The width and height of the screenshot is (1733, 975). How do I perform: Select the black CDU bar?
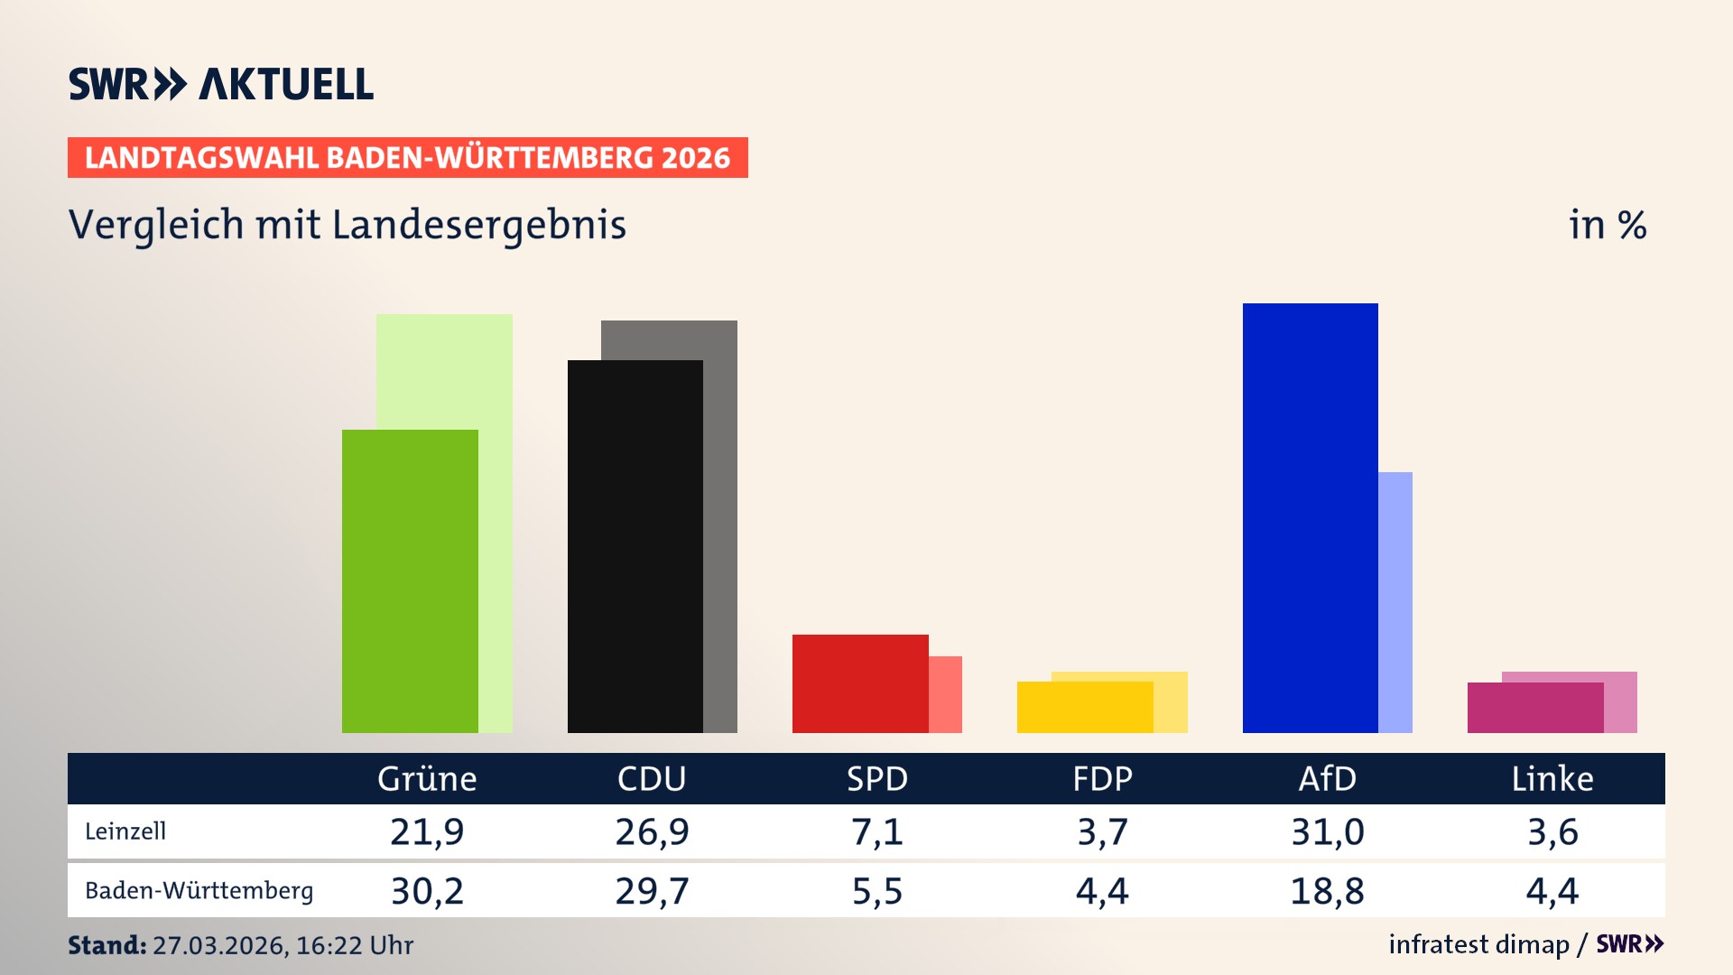[635, 546]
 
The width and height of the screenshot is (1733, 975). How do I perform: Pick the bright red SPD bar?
[859, 683]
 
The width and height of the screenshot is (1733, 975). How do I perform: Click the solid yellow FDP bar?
[1084, 707]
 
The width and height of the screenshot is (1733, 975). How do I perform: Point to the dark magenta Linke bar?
[1534, 708]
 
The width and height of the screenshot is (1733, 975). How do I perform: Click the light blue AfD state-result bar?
[1395, 602]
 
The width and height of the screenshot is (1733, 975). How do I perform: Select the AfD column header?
[1327, 779]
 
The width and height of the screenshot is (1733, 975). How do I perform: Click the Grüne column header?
[427, 779]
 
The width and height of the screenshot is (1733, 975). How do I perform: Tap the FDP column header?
[1102, 779]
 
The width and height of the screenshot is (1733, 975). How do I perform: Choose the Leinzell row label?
[125, 831]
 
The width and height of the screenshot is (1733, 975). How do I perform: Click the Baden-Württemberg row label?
[199, 891]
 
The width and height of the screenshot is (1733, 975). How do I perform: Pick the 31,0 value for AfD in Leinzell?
[1327, 831]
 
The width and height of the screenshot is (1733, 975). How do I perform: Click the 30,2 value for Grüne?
[427, 891]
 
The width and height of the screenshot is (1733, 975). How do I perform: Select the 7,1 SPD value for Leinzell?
[876, 831]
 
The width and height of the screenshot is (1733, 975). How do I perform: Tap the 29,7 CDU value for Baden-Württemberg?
[652, 891]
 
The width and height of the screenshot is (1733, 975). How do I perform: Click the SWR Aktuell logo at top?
[221, 84]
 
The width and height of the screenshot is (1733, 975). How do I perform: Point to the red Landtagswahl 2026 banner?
[407, 158]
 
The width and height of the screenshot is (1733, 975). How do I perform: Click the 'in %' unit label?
[1607, 225]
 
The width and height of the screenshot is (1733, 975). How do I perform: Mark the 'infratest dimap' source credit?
[1478, 944]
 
